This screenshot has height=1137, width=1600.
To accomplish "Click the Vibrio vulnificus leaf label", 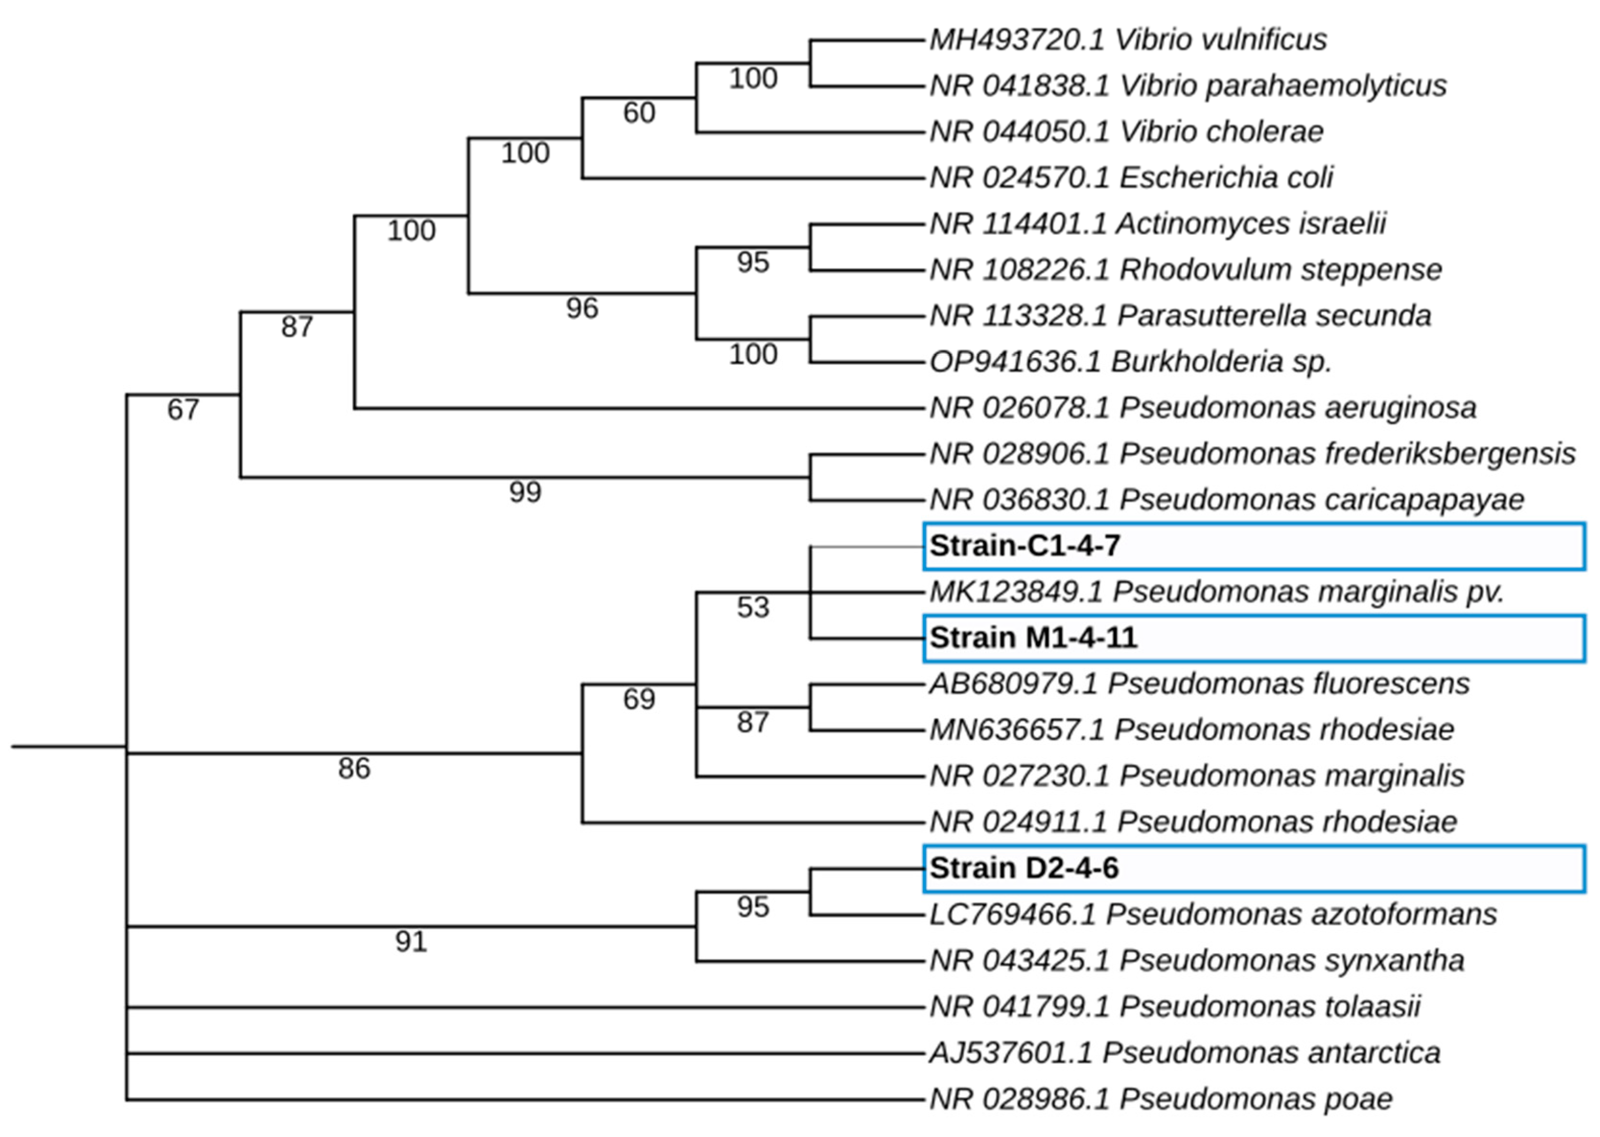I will (x=1127, y=40).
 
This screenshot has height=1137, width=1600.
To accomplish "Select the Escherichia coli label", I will (x=1131, y=178).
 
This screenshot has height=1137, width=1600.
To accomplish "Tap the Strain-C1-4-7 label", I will (x=1024, y=546).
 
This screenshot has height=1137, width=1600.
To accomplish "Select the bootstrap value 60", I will (x=639, y=113).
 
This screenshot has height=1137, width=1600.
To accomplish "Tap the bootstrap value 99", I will (x=525, y=492).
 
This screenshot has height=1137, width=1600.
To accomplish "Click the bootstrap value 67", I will (x=183, y=409).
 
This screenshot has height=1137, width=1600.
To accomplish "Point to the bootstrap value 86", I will (x=354, y=769).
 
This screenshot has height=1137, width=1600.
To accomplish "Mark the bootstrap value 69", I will (x=639, y=699).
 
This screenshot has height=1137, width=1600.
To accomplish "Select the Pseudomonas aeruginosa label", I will (x=1202, y=408).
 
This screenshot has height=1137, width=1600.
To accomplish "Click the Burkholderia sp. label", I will (x=1129, y=362).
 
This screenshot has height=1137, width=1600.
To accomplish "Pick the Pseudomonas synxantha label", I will (x=1196, y=961).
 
